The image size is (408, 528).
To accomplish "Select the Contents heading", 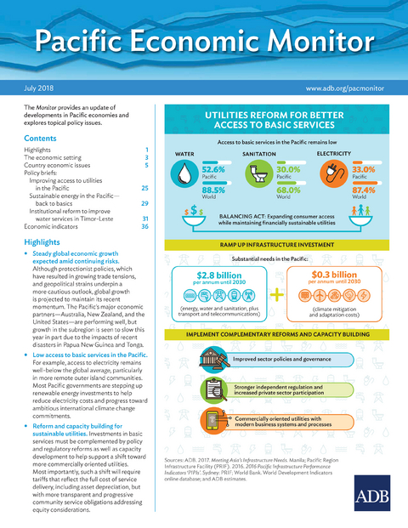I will (x=41, y=137).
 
